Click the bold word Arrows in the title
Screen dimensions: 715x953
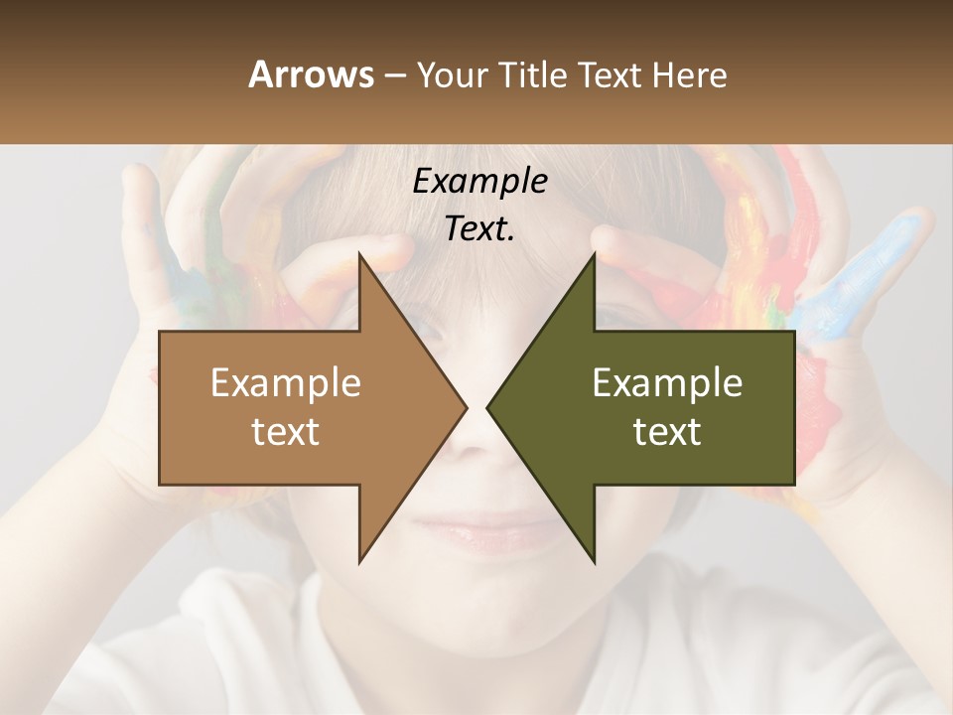[310, 74]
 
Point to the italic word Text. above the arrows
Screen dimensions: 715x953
[479, 228]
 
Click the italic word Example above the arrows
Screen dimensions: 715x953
[479, 182]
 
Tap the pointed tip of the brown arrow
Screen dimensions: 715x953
[464, 407]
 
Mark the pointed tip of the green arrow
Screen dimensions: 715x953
[490, 407]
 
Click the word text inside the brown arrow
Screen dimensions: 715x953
[285, 432]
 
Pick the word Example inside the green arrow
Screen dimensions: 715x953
[667, 382]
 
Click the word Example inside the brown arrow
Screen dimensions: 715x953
[285, 382]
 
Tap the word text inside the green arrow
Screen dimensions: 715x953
[667, 432]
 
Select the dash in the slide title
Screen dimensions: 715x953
[394, 75]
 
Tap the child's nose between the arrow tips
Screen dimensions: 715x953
[477, 437]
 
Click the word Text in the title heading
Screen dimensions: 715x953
[612, 74]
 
